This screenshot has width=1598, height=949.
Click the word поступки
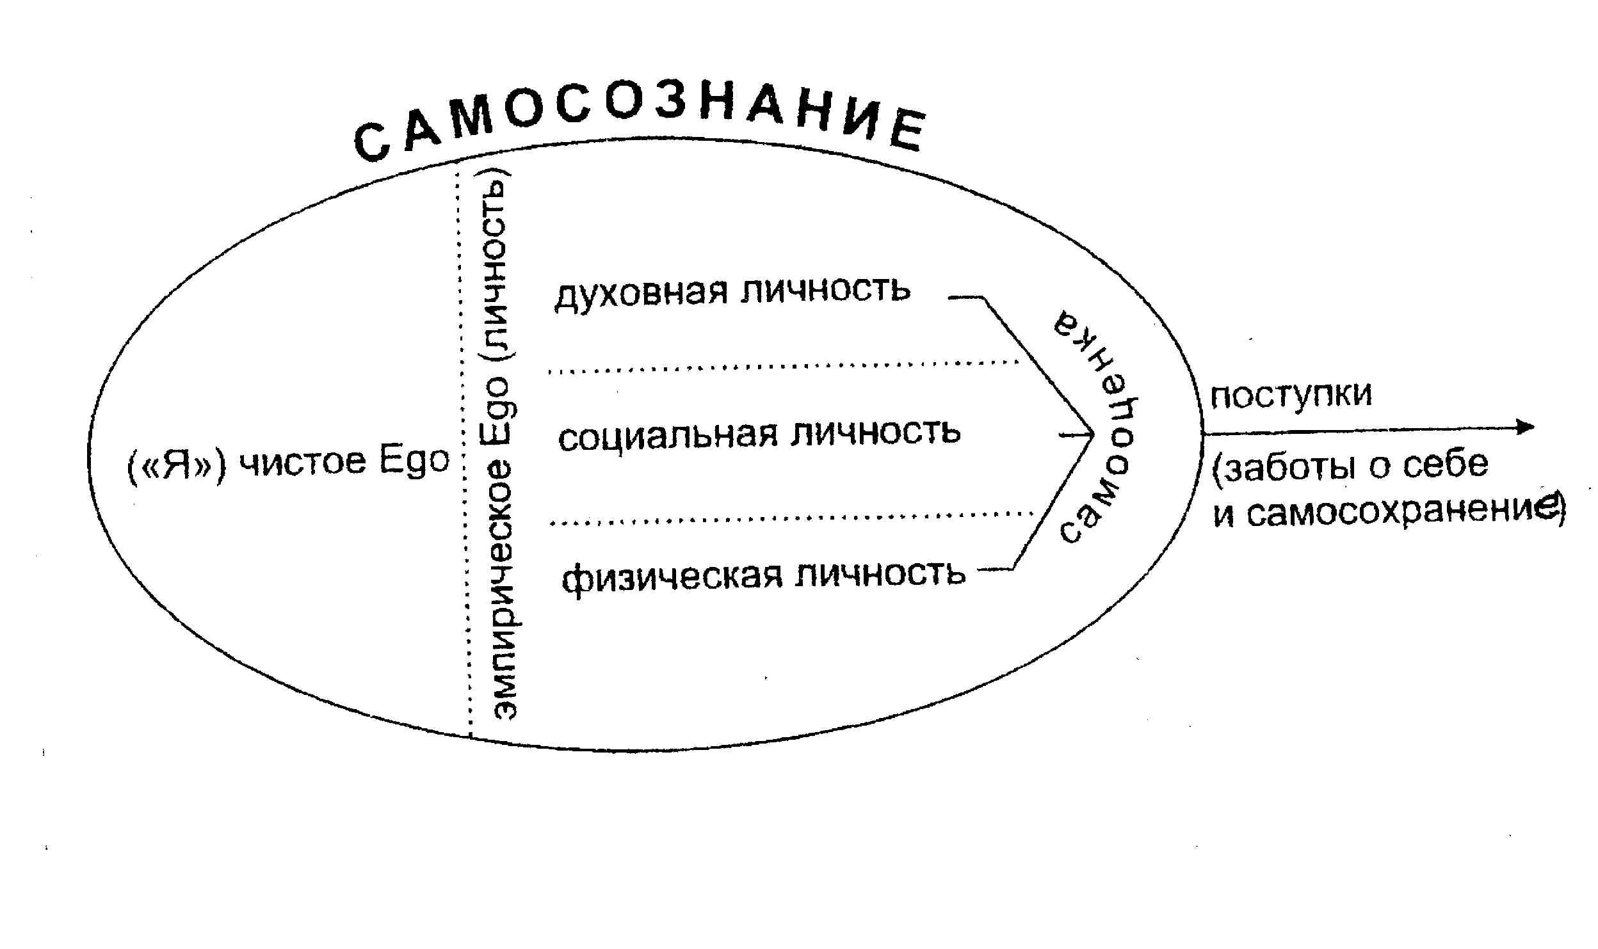[x=1291, y=395]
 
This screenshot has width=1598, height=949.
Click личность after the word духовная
[x=826, y=290]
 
